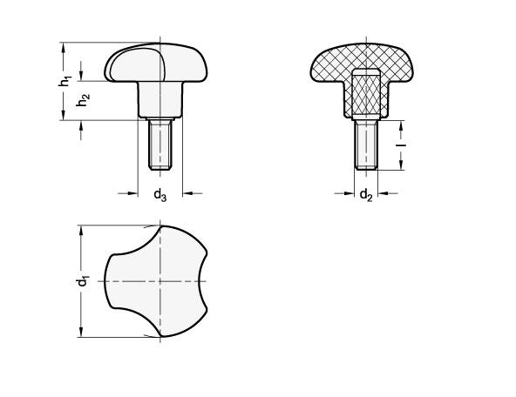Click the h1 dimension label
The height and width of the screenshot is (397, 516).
(65, 81)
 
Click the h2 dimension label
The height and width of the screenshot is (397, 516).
(83, 100)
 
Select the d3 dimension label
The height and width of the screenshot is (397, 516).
(160, 195)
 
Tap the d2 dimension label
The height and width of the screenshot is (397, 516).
(366, 195)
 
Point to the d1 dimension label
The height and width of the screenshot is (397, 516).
(82, 281)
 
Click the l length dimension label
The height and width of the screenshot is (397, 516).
(401, 145)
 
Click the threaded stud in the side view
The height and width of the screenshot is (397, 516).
(160, 145)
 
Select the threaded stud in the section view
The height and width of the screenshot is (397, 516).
(366, 145)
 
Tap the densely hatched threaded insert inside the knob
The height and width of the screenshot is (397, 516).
(366, 94)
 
